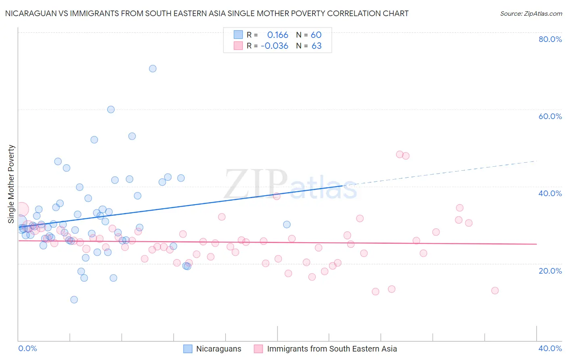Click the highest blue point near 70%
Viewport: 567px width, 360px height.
coord(152,69)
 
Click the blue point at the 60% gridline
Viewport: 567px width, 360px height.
coord(111,109)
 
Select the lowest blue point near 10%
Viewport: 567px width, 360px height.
coord(74,299)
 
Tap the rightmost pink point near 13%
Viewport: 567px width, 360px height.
coord(495,291)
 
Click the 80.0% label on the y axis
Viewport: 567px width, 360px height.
coord(550,39)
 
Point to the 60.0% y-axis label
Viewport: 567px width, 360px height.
coord(550,116)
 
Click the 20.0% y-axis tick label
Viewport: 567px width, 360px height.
coord(550,271)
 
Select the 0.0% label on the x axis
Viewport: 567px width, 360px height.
coord(27,348)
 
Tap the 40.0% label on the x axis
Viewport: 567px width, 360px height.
coord(550,348)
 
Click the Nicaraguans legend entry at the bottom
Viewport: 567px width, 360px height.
coord(218,349)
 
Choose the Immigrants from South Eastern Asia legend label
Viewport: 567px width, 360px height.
coord(331,349)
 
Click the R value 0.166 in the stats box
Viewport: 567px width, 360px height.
coord(277,35)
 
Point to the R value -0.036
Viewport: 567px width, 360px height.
coord(275,46)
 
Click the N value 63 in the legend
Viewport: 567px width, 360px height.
coord(317,46)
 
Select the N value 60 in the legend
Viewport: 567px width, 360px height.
coord(316,35)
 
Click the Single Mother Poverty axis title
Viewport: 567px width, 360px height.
coord(11,184)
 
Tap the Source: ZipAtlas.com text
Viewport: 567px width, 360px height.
coord(531,14)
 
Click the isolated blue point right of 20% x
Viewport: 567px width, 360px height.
coord(287,224)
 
